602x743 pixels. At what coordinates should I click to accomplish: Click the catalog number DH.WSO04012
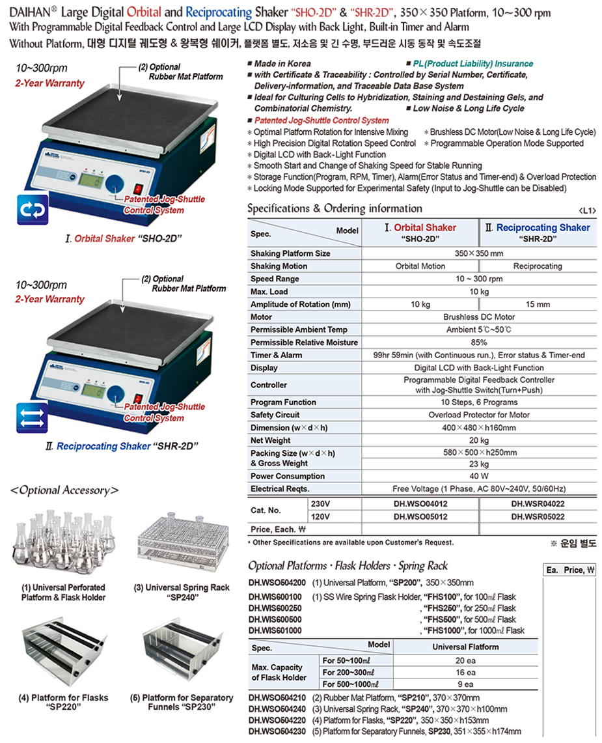click(x=420, y=503)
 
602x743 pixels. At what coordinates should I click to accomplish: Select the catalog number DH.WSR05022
click(x=538, y=517)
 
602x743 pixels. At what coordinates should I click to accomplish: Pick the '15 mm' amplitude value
click(x=538, y=304)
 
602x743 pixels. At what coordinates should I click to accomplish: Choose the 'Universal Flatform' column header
click(x=465, y=647)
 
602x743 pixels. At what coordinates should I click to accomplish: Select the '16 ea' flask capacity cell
click(x=465, y=672)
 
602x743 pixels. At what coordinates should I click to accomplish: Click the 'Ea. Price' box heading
click(x=570, y=570)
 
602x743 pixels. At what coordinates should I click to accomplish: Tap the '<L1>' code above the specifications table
click(x=586, y=210)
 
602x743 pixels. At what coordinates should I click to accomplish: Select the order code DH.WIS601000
click(x=275, y=630)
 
